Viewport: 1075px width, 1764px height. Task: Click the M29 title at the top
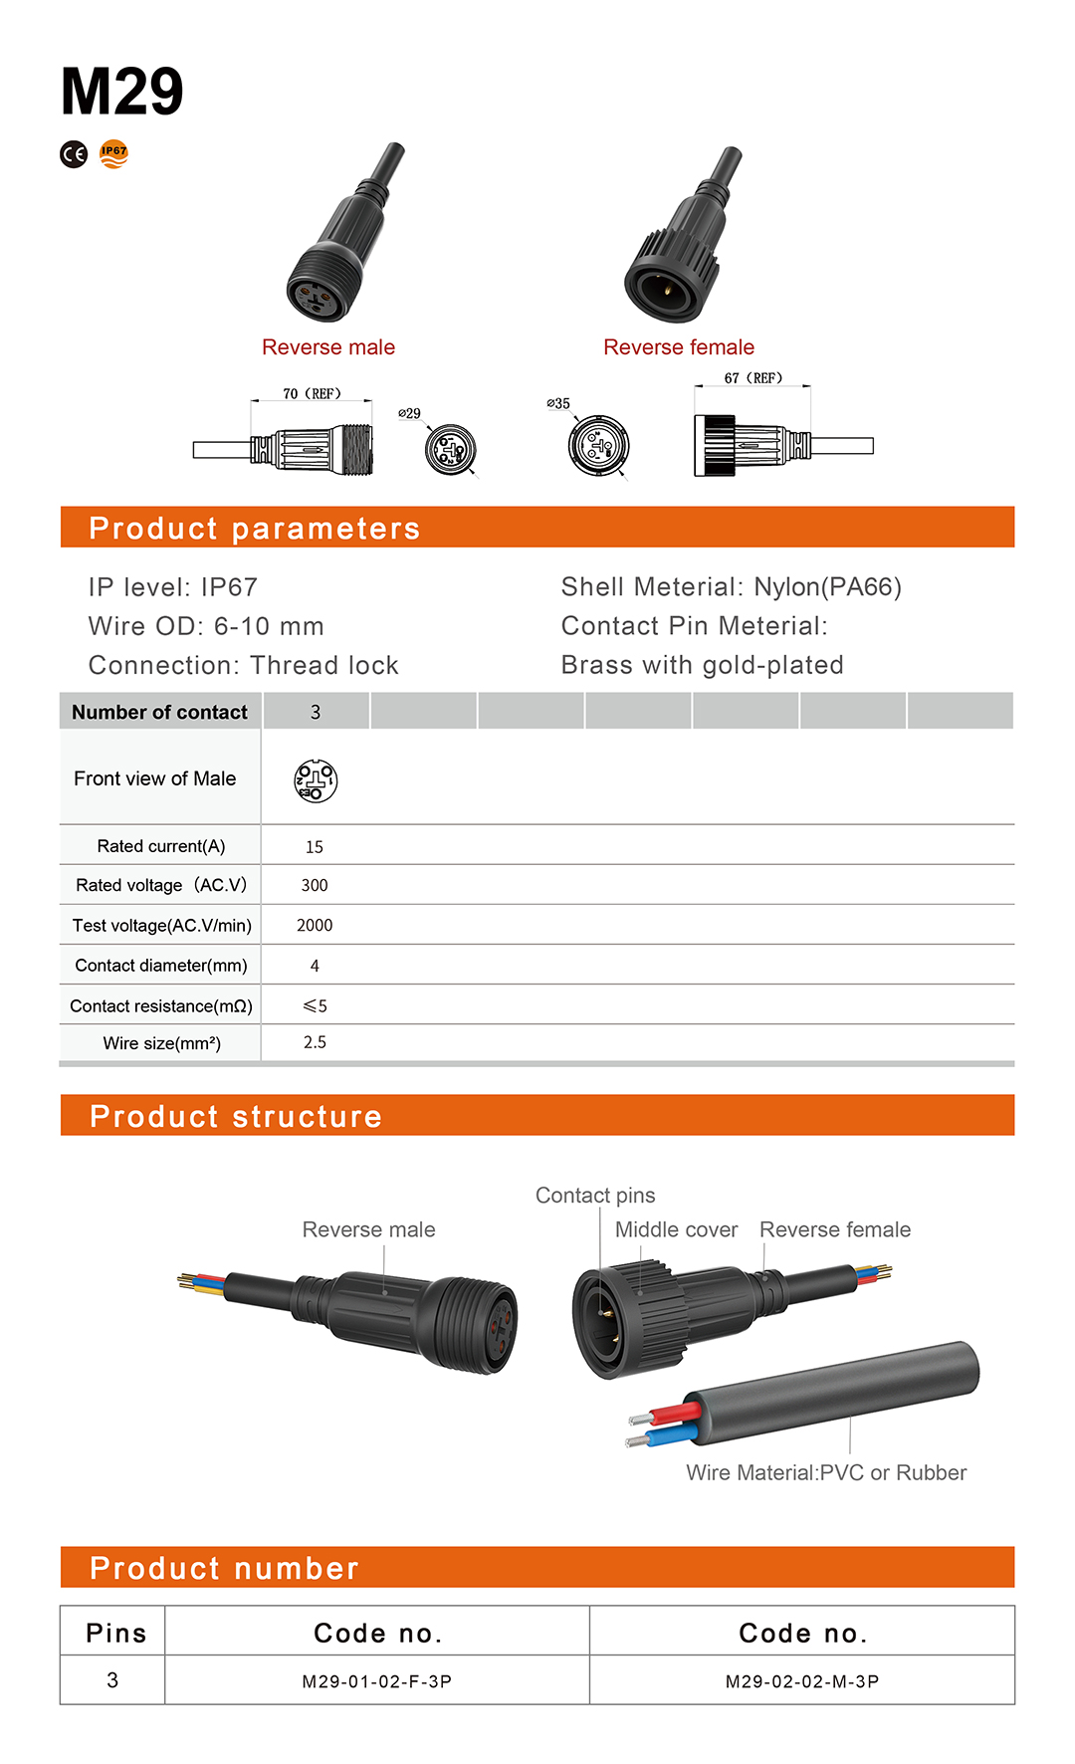tap(121, 92)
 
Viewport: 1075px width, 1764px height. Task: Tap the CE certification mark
tap(74, 154)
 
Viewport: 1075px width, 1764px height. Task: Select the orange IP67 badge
tap(114, 153)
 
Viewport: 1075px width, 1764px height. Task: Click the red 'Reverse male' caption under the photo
tap(328, 347)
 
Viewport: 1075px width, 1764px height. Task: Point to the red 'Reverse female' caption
tap(679, 347)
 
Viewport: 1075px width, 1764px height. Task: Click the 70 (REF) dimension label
tap(312, 394)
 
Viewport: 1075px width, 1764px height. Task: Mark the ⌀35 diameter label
tap(558, 403)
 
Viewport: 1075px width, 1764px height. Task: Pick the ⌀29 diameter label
tap(409, 413)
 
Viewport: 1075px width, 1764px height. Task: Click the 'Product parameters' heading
tap(254, 529)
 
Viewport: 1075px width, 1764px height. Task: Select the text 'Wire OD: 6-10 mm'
tap(206, 626)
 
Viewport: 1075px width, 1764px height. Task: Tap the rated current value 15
tap(315, 847)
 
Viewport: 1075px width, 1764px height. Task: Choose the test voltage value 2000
tap(315, 926)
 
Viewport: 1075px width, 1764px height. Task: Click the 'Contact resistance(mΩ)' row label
tap(161, 1006)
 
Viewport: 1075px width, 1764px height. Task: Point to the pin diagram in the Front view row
tap(316, 781)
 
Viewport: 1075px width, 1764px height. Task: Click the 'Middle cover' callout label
tap(676, 1229)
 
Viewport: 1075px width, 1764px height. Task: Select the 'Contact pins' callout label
tap(595, 1196)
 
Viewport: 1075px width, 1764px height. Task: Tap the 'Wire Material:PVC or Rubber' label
tap(826, 1472)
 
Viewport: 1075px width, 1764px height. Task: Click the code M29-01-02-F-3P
tap(377, 1681)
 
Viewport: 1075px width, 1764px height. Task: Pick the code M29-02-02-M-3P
tap(802, 1681)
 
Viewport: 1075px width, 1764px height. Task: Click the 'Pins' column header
tap(115, 1634)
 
